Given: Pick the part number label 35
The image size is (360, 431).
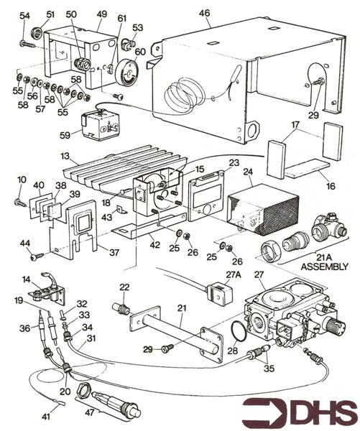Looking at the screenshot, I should click(269, 369).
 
